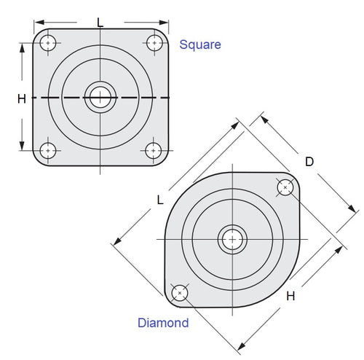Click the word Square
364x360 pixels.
[199, 44]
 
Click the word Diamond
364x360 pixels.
[163, 323]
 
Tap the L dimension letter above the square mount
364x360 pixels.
[100, 22]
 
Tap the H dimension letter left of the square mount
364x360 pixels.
[22, 98]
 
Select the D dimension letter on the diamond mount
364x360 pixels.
[309, 162]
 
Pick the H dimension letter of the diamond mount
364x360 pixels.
[290, 295]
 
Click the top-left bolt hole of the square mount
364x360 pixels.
[48, 42]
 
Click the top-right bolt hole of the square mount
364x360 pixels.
[154, 42]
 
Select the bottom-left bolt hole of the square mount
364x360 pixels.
[48, 151]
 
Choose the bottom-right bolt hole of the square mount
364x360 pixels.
[154, 151]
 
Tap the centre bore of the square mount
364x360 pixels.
[100, 97]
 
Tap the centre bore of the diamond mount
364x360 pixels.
[232, 239]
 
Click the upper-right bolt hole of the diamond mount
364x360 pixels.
[285, 187]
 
